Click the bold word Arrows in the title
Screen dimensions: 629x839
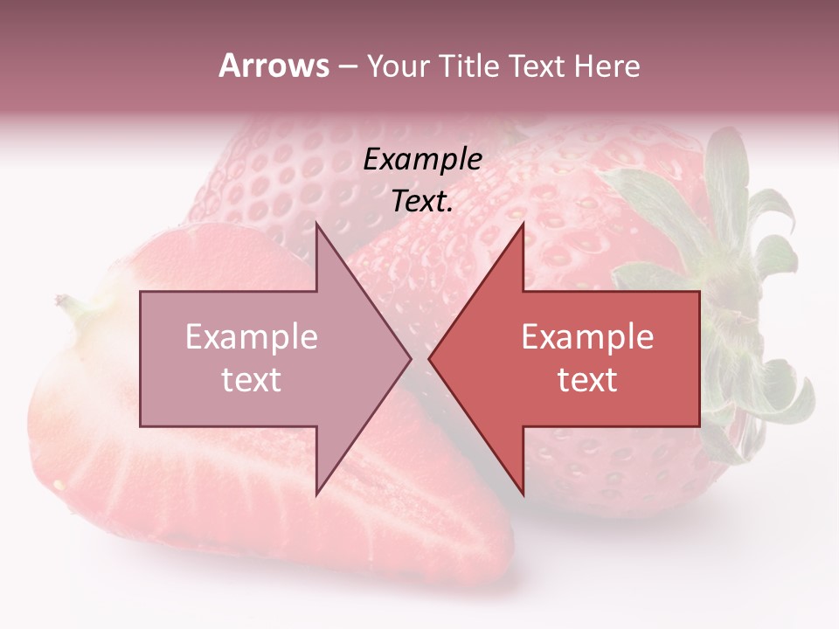pyautogui.click(x=274, y=66)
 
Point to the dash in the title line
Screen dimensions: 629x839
pyautogui.click(x=347, y=66)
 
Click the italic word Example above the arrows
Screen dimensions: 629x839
pyautogui.click(x=422, y=159)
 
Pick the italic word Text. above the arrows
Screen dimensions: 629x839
pyautogui.click(x=422, y=202)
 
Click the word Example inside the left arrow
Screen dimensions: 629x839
pyautogui.click(x=252, y=337)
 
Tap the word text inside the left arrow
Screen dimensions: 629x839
pyautogui.click(x=252, y=380)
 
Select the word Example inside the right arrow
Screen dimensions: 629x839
pyautogui.click(x=587, y=337)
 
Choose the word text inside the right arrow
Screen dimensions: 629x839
pyautogui.click(x=587, y=380)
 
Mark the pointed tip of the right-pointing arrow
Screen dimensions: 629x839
pyautogui.click(x=411, y=358)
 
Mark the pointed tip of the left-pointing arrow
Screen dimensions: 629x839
pyautogui.click(x=429, y=358)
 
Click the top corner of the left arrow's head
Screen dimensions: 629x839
pyautogui.click(x=316, y=223)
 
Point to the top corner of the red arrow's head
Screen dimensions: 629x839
pyautogui.click(x=523, y=223)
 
